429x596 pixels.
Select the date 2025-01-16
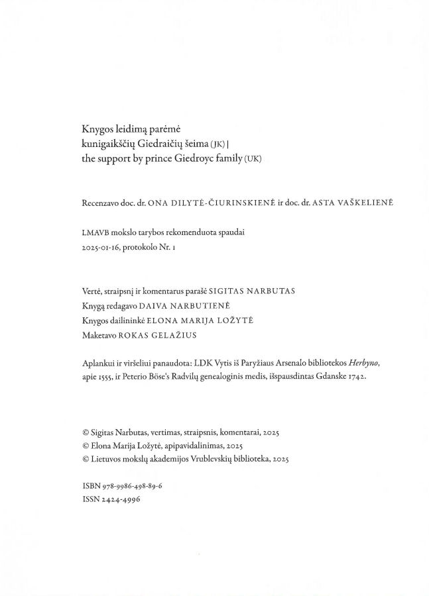101,246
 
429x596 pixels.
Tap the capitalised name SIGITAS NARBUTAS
253,291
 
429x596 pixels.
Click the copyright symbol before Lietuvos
86,458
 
